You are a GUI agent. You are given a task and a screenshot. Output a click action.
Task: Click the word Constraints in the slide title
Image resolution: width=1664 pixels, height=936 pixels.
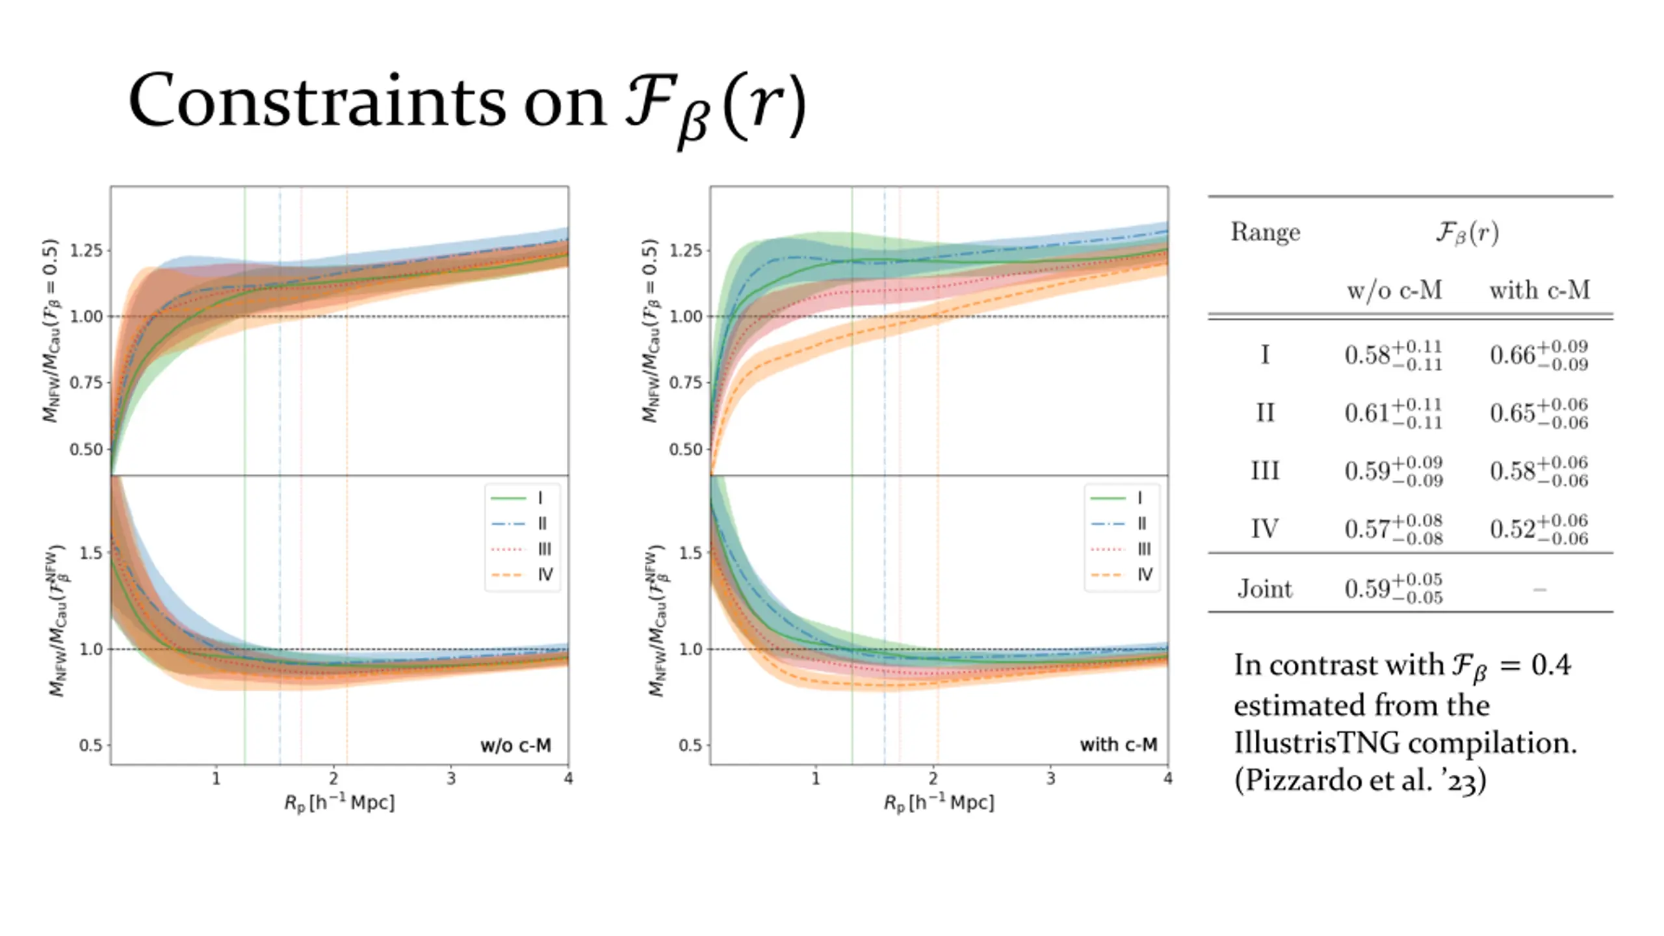pos(317,102)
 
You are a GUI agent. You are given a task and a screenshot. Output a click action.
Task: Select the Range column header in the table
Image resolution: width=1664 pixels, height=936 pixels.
pos(1265,232)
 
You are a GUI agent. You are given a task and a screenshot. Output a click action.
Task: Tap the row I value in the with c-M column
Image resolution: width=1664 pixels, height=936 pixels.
pos(1539,356)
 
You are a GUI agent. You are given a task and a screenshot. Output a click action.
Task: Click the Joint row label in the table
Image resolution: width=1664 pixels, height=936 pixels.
pos(1265,589)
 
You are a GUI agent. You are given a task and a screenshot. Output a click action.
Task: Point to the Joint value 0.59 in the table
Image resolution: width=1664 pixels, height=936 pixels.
pos(1394,589)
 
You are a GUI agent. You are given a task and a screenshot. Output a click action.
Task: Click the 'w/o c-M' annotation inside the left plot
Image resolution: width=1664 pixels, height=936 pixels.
pos(515,745)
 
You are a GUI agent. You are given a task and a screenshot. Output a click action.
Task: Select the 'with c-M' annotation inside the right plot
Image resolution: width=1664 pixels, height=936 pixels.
pos(1118,745)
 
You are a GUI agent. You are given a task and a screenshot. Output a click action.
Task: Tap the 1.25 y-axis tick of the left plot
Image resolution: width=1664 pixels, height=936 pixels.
pos(86,250)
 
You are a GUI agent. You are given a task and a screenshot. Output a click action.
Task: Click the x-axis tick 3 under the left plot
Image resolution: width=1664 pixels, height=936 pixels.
pos(451,779)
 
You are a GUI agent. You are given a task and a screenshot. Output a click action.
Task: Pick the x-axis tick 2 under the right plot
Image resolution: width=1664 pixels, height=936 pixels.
pos(933,779)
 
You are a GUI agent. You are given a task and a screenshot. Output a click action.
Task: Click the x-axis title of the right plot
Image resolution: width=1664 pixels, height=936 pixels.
pos(939,803)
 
